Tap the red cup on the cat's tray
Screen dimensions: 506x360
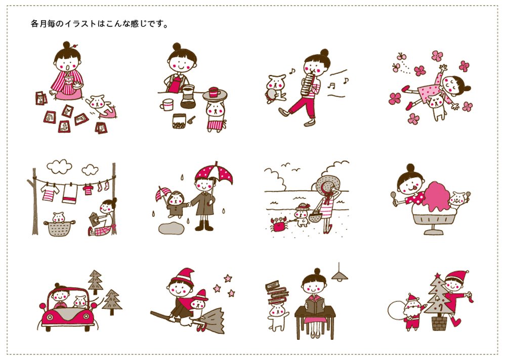[x=214, y=92]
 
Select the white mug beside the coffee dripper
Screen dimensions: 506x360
[x=167, y=105]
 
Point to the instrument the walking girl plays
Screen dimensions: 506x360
[x=309, y=84]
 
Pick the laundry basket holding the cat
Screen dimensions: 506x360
[x=59, y=228]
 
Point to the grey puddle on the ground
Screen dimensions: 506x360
[x=171, y=228]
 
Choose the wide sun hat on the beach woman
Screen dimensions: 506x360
[x=326, y=186]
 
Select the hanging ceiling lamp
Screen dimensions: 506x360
[x=339, y=275]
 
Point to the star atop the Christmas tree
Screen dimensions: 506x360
[x=438, y=276]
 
